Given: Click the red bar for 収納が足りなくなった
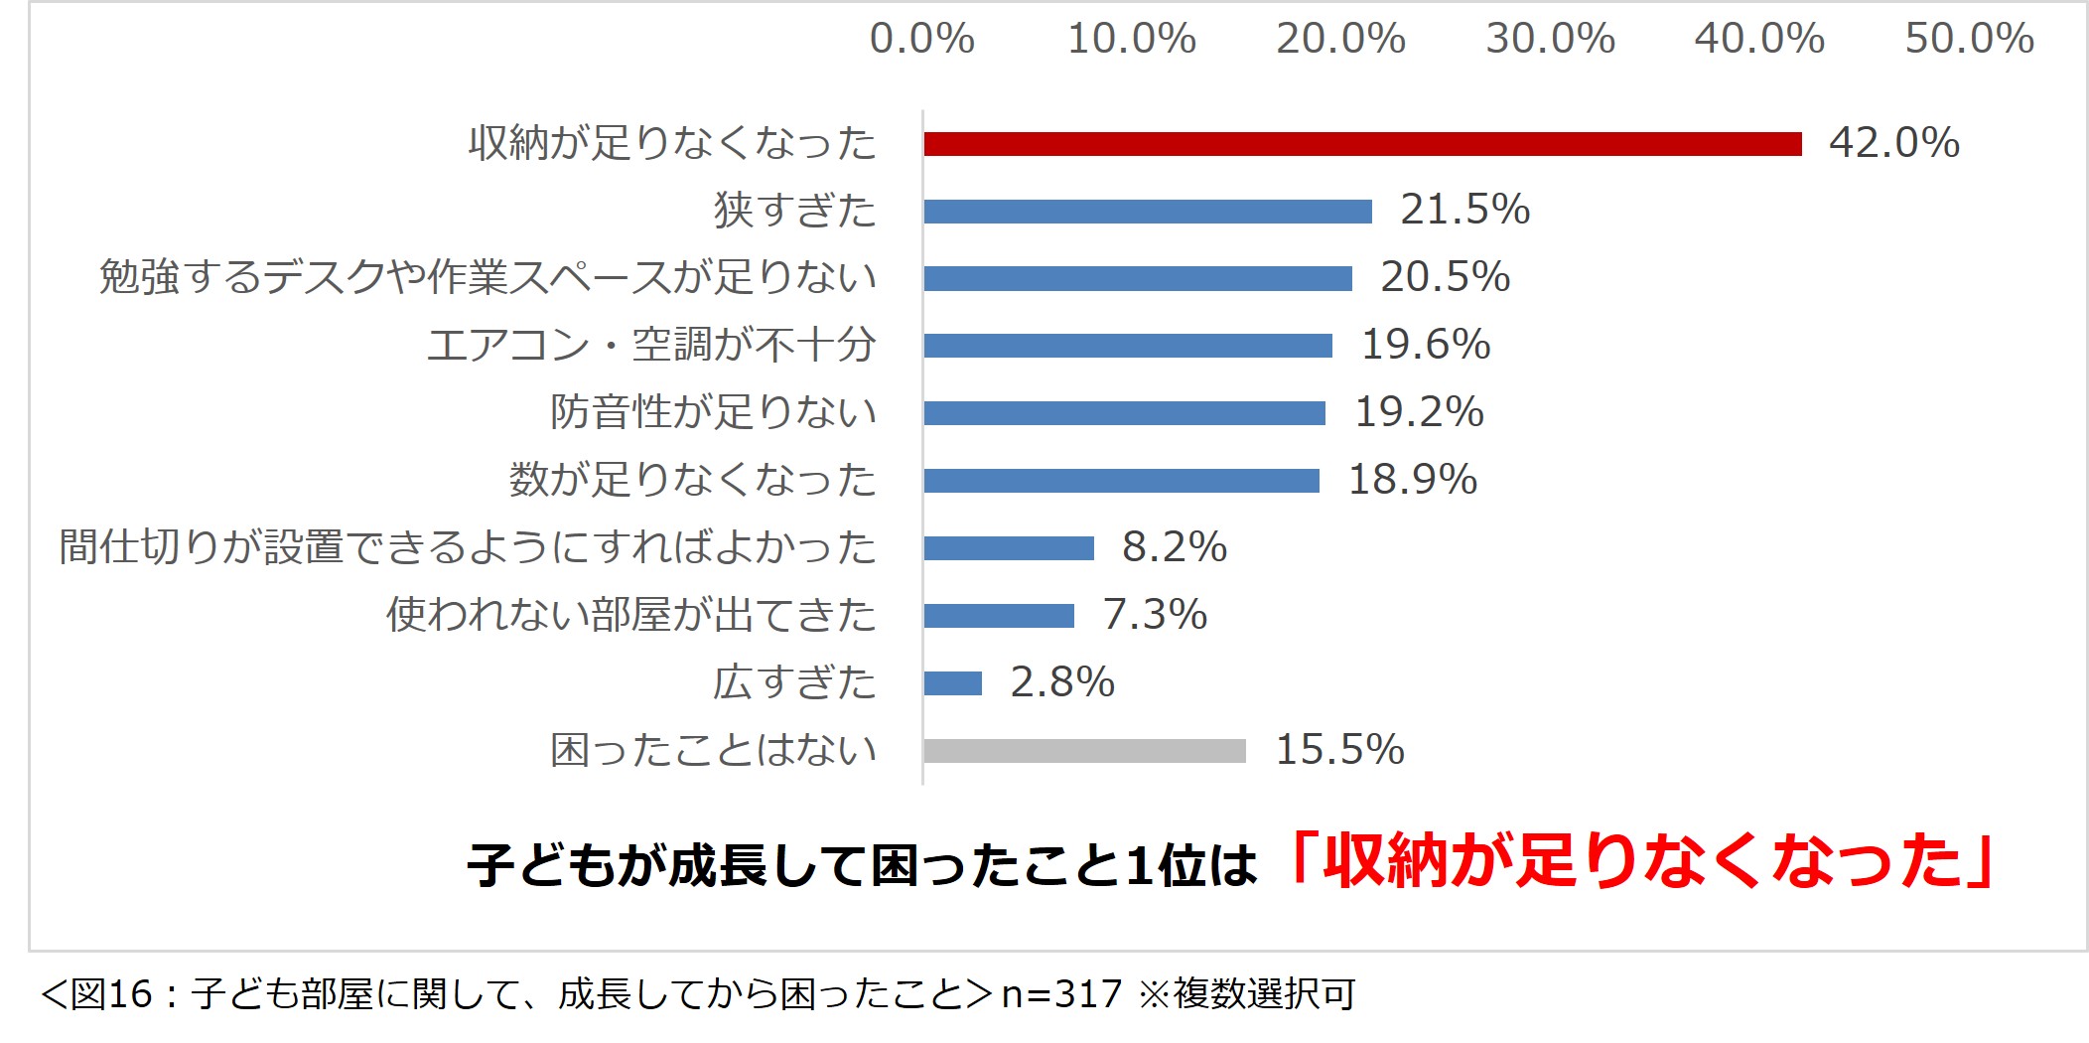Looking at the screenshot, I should click(x=1362, y=144).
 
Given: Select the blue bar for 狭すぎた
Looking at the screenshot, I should click(x=1148, y=212).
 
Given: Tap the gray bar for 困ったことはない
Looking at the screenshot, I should click(x=1084, y=751).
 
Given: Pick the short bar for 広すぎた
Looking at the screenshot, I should click(x=952, y=683).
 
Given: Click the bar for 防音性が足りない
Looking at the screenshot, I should click(x=1124, y=413).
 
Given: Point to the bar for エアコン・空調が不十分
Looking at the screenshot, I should click(x=1128, y=346).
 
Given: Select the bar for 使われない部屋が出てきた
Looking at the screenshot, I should click(x=999, y=616).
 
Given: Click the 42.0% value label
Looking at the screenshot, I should click(x=1893, y=143).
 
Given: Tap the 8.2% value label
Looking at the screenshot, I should click(x=1175, y=547).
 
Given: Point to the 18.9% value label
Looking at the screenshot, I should click(x=1412, y=480).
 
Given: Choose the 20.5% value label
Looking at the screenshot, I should click(x=1445, y=277).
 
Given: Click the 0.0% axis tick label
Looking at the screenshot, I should click(x=921, y=40).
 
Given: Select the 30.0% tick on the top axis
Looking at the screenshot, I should click(x=1550, y=40).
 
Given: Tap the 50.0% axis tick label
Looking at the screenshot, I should click(x=1969, y=40).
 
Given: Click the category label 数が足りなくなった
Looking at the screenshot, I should click(x=692, y=480).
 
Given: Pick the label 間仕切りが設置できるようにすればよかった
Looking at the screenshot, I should click(x=468, y=547).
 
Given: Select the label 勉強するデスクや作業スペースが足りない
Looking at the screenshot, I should click(x=487, y=277).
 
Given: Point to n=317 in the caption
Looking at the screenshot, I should click(x=1061, y=994).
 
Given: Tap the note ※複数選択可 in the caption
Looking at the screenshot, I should click(x=1247, y=994).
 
